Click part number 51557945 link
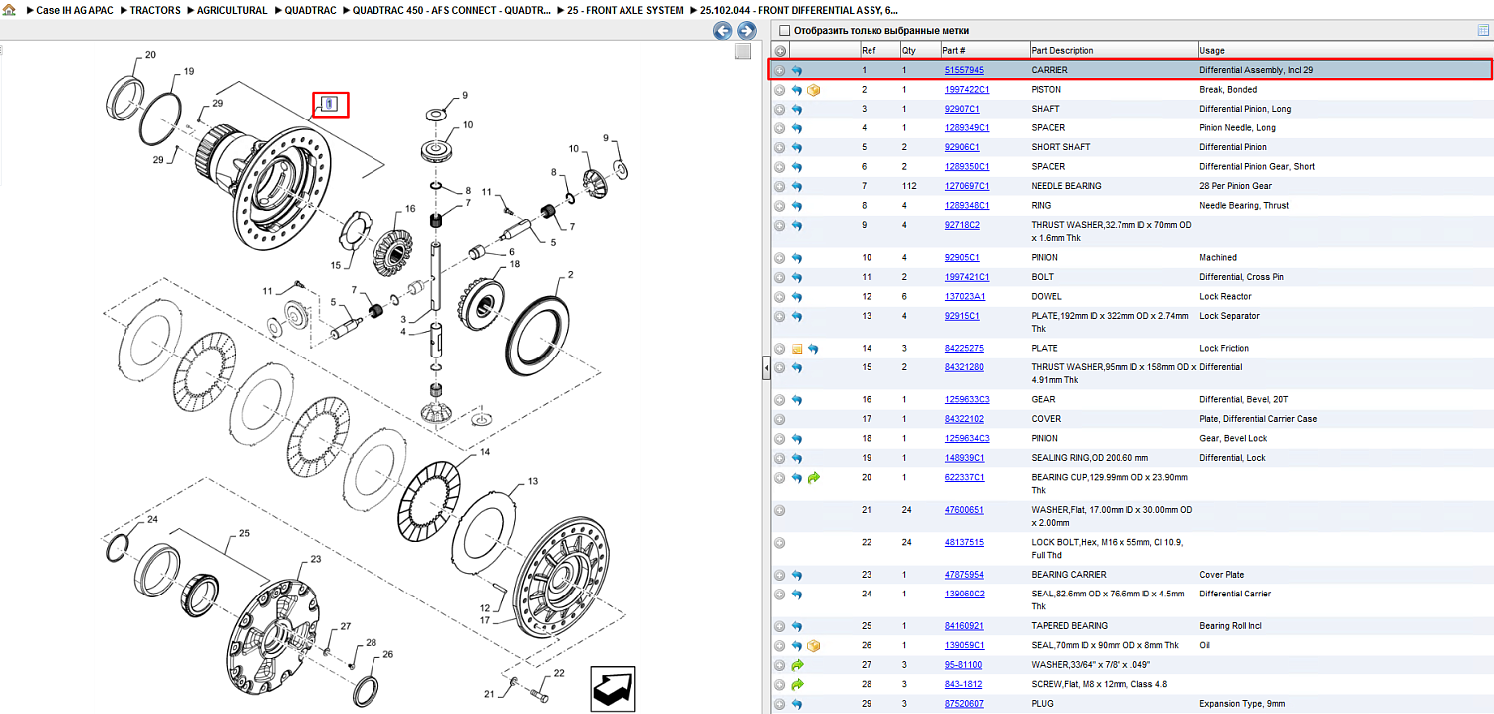[964, 70]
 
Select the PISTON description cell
[1046, 90]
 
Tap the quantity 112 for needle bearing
[909, 186]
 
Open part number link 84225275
[964, 348]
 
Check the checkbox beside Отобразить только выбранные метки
[785, 31]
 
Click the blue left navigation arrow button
[722, 31]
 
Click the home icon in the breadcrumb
[9, 10]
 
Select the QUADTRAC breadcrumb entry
[310, 11]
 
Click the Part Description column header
[1062, 51]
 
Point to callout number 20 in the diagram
[150, 55]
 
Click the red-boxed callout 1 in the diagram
[330, 104]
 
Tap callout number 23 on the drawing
[316, 559]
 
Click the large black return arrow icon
[613, 689]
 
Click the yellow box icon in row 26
[813, 646]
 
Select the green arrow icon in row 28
[797, 685]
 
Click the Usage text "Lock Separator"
[1229, 316]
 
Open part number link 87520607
[964, 704]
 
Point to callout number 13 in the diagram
[532, 481]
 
